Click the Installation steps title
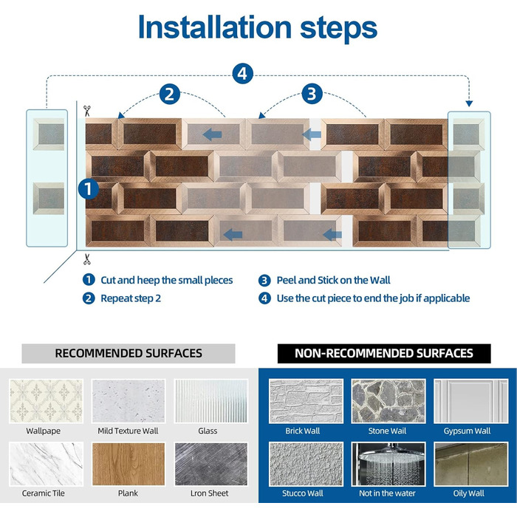coord(258,28)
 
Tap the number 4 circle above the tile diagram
coord(243,74)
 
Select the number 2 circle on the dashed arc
coord(170,95)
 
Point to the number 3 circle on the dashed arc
coord(312,94)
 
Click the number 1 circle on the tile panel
coord(89,189)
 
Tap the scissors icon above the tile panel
coord(86,111)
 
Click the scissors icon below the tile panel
coord(86,259)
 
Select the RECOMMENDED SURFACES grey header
coord(129,354)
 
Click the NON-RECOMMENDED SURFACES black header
coord(384,354)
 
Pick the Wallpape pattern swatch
coord(46,401)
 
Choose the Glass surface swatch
coord(211,401)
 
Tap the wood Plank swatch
coord(129,464)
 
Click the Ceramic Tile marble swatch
coord(46,464)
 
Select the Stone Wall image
coord(388,401)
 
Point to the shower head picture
coord(388,464)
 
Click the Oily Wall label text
coord(468,493)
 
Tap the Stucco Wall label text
coord(303,493)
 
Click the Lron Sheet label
coord(209,493)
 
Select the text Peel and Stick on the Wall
coord(333,280)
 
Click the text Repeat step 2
coord(131,298)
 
